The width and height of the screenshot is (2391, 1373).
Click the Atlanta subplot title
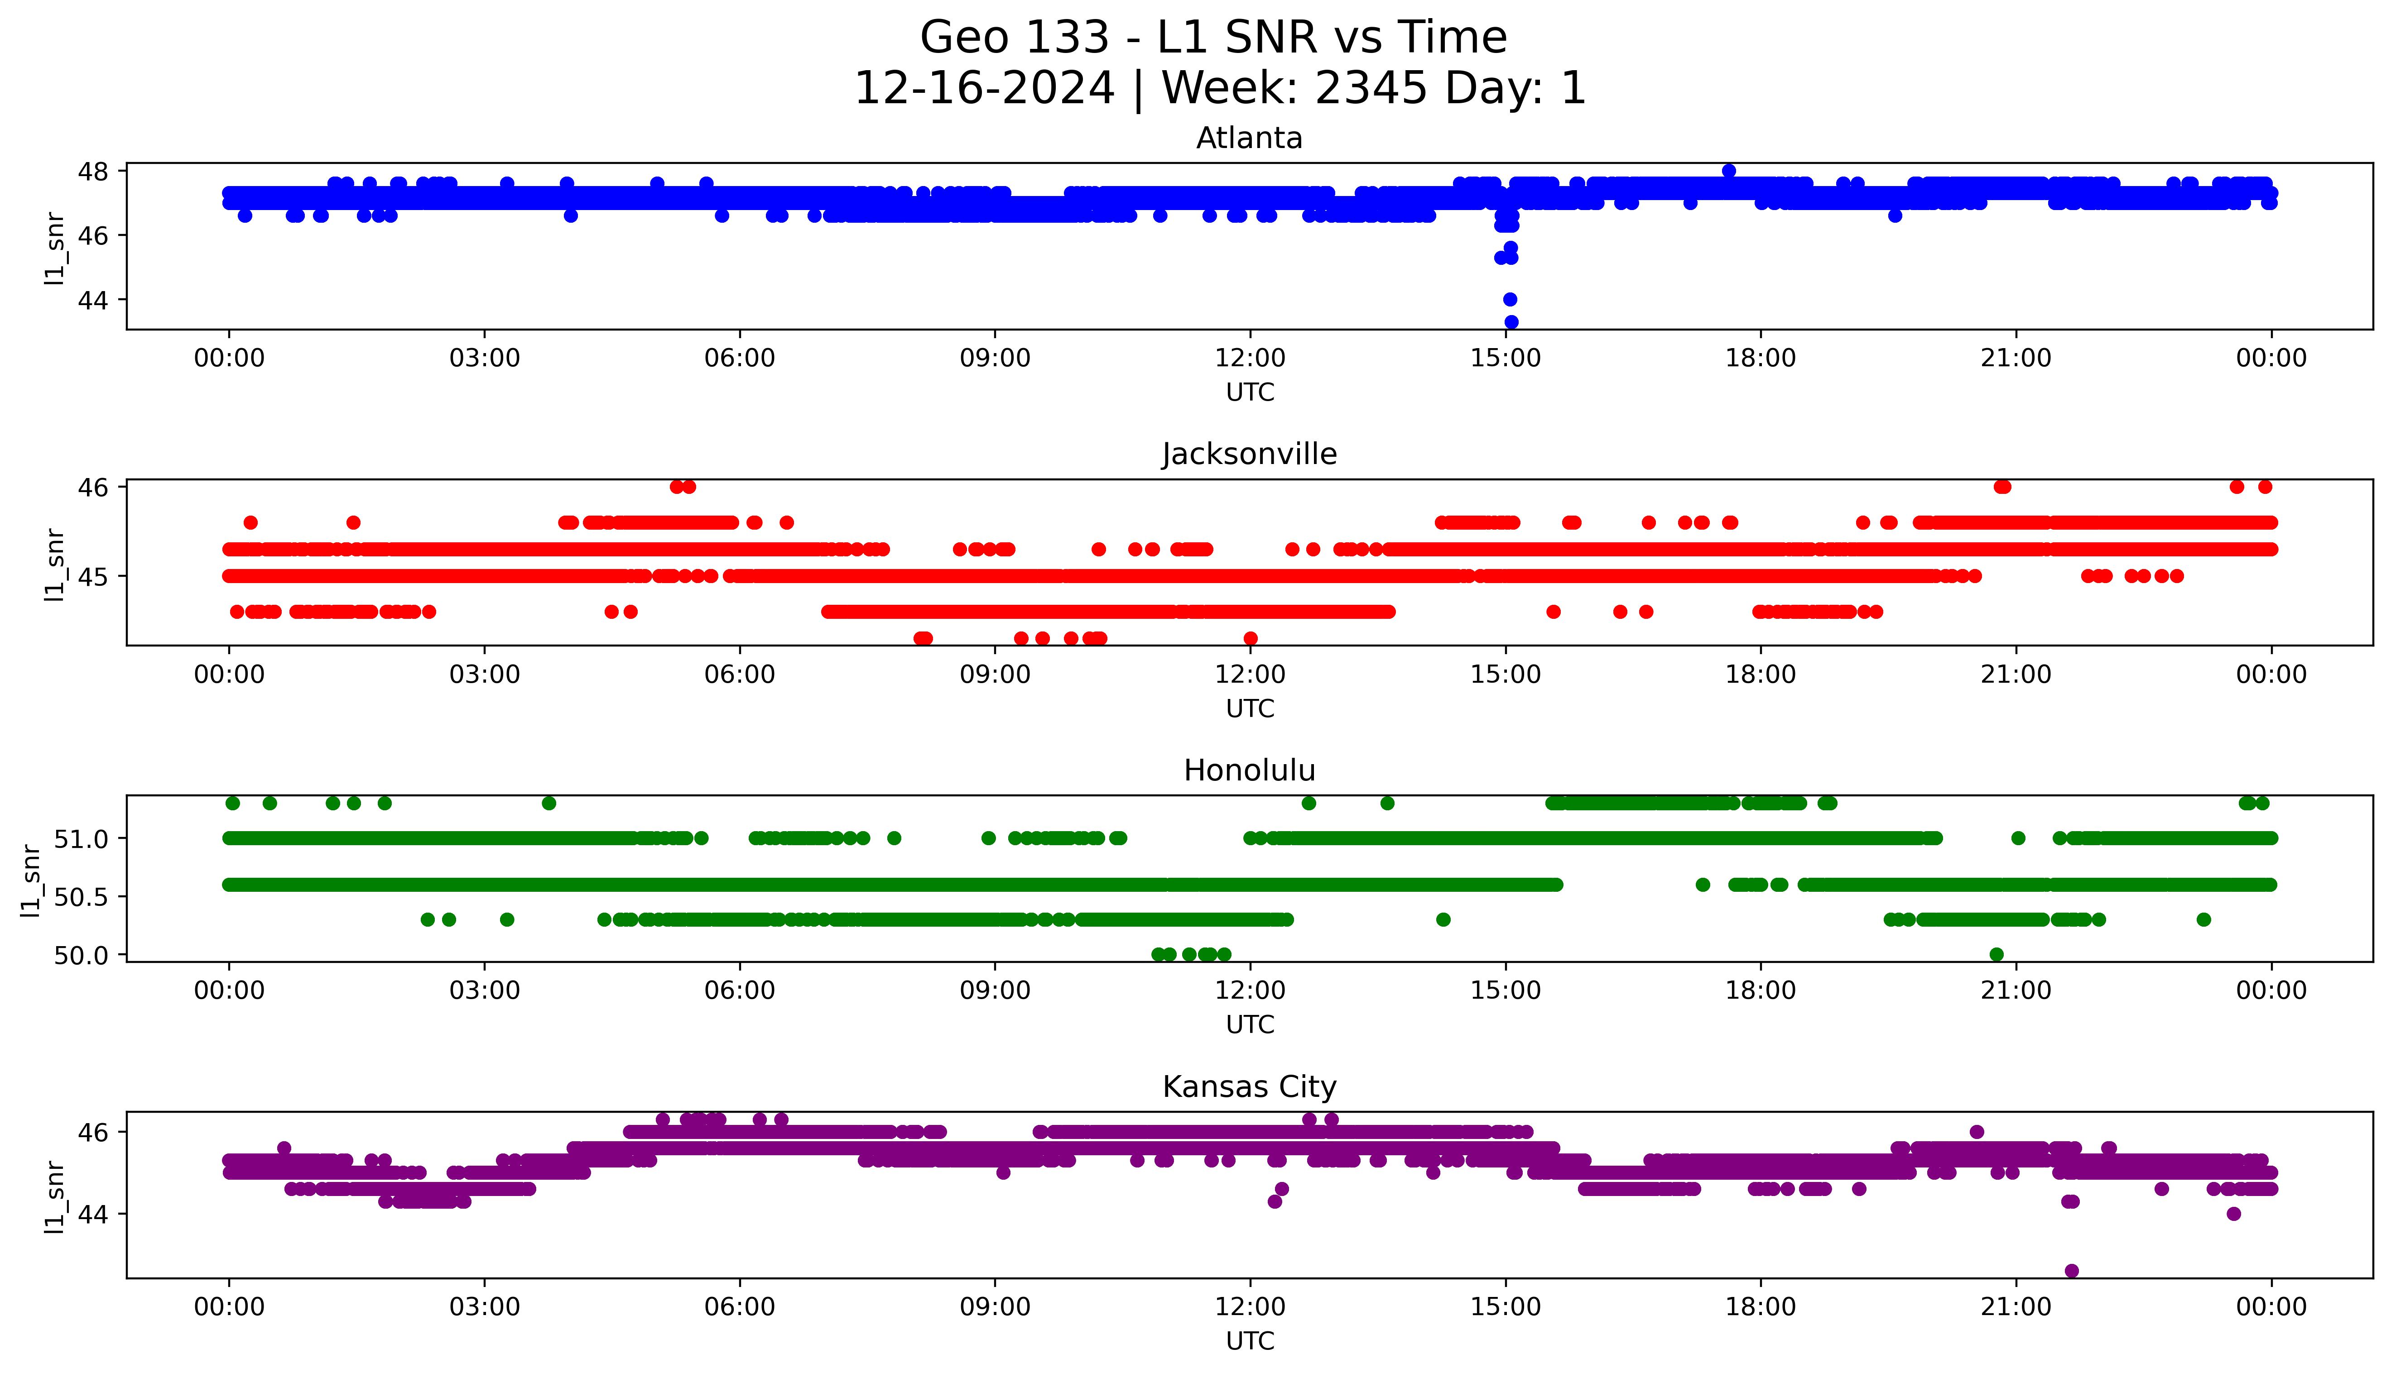[x=1249, y=139]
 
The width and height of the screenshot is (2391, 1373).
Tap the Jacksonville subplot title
[x=1249, y=454]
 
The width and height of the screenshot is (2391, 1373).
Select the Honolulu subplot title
[x=1249, y=770]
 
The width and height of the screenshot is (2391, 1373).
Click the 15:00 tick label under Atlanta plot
[x=1506, y=359]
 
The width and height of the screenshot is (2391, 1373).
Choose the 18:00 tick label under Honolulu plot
[x=1760, y=990]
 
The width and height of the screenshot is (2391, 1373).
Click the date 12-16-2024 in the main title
[x=984, y=89]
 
